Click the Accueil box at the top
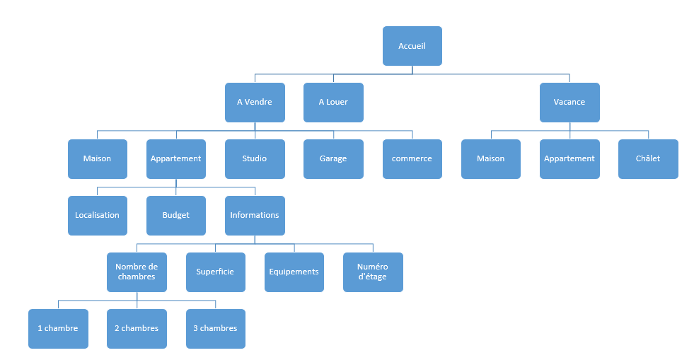pos(412,46)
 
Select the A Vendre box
pos(255,102)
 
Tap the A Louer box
pos(333,102)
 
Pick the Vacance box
pos(569,102)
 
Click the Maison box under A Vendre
pos(98,158)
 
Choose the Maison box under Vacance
pos(491,158)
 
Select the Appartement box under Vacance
pos(569,158)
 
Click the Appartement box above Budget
pos(176,158)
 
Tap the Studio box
pos(255,158)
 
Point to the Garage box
pos(333,158)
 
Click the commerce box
pos(412,158)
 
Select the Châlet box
pos(648,158)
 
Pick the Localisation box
pos(98,216)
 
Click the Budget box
pos(176,216)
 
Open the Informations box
pos(255,216)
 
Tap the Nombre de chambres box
pos(137,272)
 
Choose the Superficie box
pos(216,272)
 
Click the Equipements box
pos(294,272)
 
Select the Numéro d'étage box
pos(373,272)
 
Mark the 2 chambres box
pos(137,329)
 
